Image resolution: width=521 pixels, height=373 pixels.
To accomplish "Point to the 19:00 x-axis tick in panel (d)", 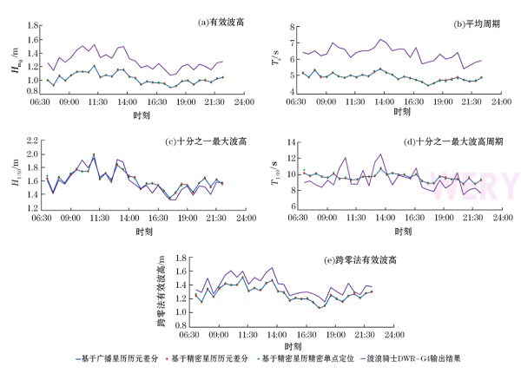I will click(440, 219).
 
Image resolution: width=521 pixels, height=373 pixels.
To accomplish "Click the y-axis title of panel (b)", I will click(275, 59).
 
